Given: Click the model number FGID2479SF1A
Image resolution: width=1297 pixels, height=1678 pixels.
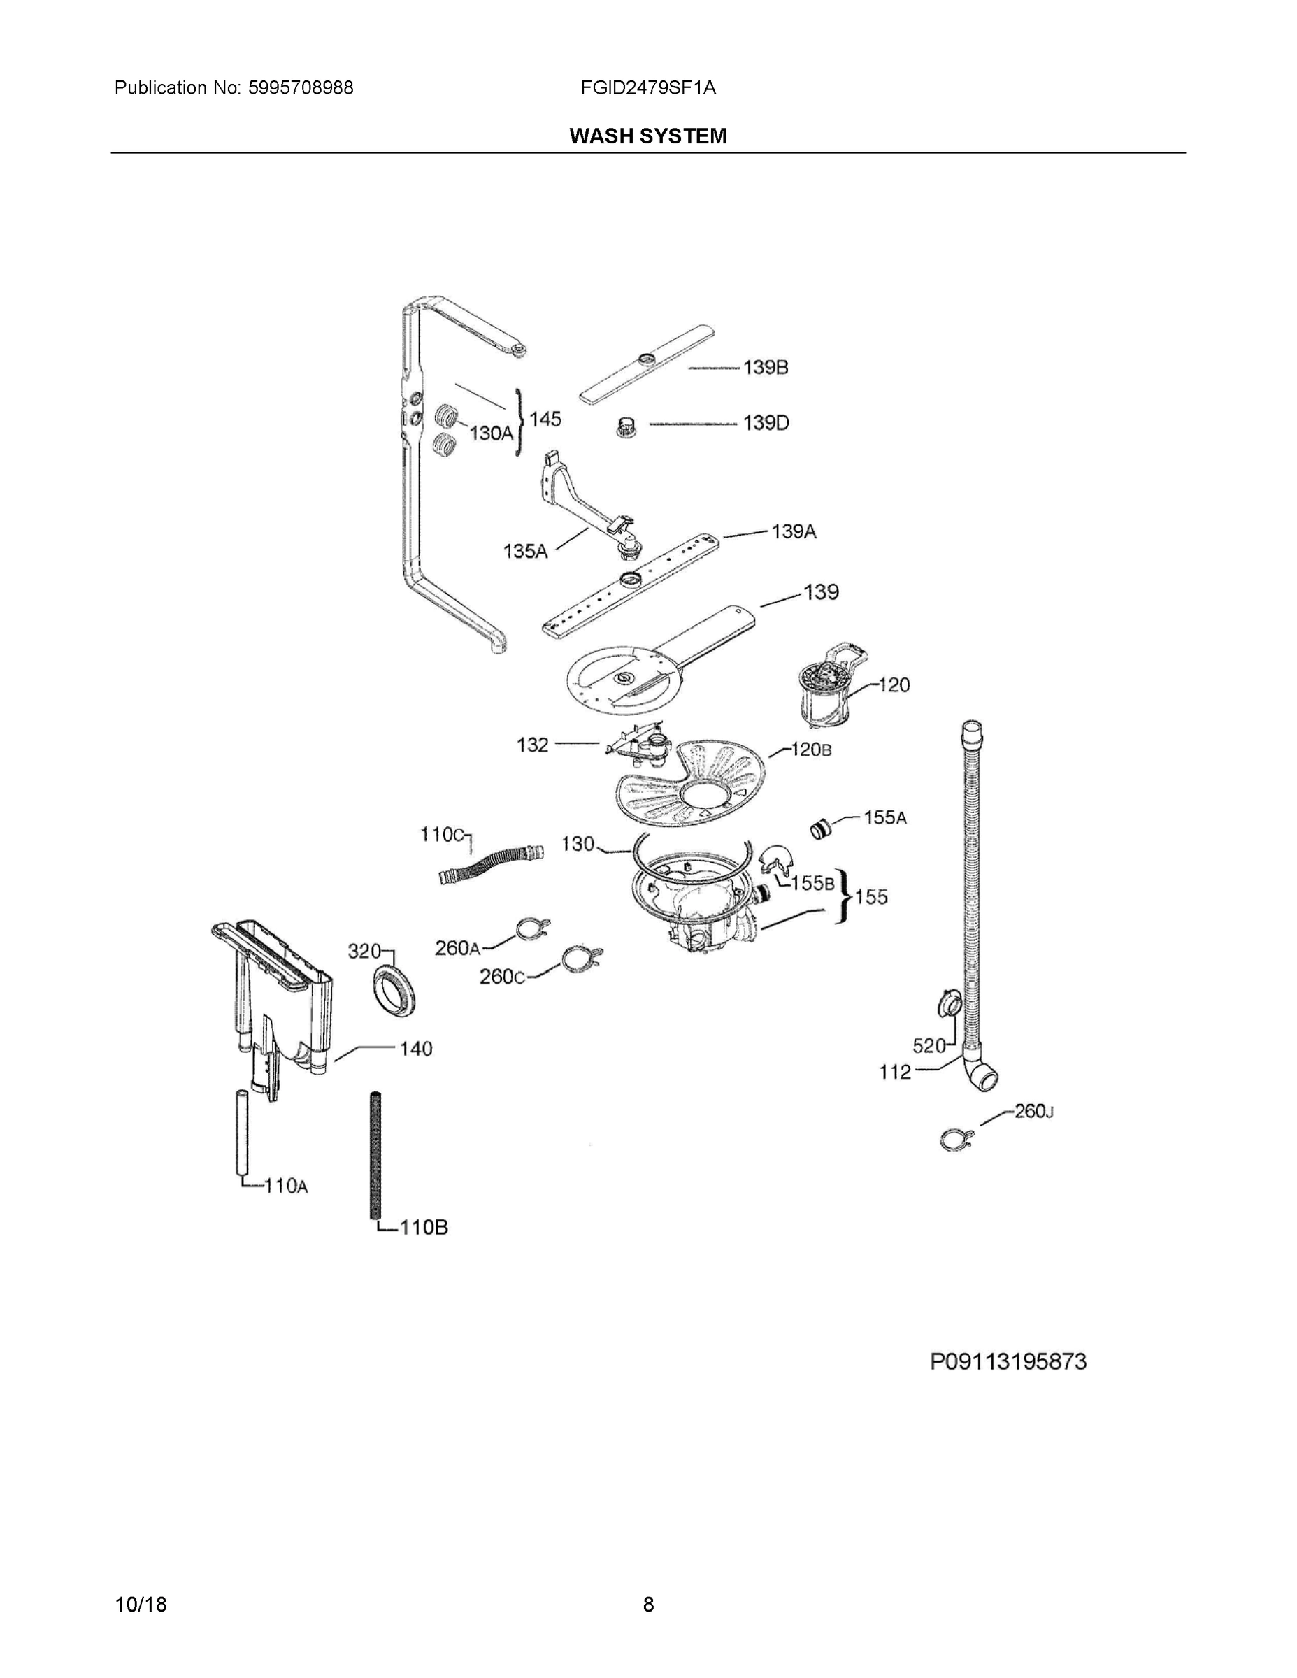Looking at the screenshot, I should coord(647,87).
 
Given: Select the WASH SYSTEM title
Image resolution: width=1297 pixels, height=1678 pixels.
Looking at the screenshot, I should coord(647,136).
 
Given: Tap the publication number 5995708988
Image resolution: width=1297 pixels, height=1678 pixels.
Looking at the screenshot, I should coord(301,87).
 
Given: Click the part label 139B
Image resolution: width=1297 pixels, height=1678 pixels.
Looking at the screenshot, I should coord(766,367).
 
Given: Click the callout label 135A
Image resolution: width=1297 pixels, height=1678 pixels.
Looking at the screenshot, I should coord(525,551).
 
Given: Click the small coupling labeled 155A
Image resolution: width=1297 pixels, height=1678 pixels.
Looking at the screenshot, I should coord(822,829).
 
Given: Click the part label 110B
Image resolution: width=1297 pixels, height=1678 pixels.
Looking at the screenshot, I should coord(424,1227).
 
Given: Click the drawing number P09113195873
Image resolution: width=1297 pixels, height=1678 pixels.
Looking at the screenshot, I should coord(1008,1362).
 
